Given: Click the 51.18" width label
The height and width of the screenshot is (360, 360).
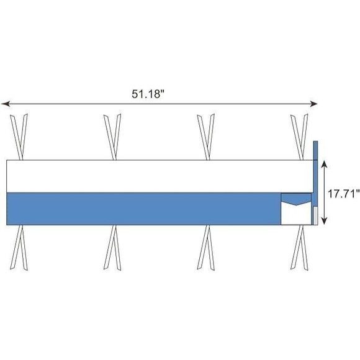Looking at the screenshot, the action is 148,94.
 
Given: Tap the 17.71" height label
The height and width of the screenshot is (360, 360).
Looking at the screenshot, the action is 343,194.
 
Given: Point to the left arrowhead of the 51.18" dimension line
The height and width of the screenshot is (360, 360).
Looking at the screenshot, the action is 6,104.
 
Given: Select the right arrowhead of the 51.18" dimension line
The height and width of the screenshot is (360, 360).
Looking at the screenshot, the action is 313,104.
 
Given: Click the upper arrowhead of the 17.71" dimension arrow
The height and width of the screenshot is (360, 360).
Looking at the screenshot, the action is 324,164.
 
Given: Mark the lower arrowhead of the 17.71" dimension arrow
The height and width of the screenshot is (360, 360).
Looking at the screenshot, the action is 324,220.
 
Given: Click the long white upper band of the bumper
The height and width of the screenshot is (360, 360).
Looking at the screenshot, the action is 160,176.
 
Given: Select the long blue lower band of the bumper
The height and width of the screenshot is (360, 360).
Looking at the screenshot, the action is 144,209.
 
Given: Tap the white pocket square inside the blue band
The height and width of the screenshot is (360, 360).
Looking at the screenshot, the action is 296,214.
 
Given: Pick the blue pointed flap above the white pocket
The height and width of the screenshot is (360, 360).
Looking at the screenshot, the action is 296,199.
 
